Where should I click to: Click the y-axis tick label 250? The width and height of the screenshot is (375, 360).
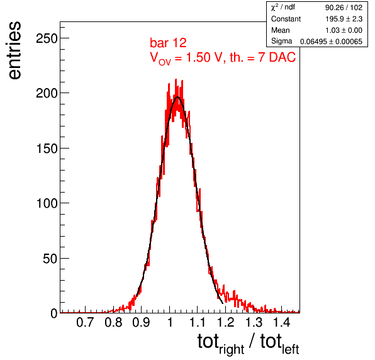(47, 38)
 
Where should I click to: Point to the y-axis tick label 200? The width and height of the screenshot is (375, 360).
(47, 93)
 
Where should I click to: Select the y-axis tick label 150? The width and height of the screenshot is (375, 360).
(47, 149)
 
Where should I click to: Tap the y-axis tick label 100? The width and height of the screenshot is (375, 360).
(47, 203)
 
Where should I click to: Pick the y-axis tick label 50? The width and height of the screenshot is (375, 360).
(50, 259)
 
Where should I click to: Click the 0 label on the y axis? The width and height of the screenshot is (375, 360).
(54, 313)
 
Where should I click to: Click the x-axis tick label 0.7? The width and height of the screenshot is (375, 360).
(85, 322)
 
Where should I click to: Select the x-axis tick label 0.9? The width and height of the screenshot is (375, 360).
(141, 322)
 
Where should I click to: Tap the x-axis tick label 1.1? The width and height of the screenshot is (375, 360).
(198, 322)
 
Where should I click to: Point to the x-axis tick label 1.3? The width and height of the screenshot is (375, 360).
(254, 322)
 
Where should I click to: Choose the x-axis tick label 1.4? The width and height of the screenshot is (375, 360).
(282, 322)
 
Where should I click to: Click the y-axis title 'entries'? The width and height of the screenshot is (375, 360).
(15, 50)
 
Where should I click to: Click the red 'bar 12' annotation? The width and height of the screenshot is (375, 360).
(168, 43)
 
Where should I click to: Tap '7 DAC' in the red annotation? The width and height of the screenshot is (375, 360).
(277, 57)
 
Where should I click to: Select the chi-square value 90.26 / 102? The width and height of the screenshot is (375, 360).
(344, 8)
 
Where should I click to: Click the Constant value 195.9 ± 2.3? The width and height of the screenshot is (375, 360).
(344, 19)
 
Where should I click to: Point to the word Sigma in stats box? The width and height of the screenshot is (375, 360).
(281, 42)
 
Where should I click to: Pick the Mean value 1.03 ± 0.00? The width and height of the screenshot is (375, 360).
(344, 30)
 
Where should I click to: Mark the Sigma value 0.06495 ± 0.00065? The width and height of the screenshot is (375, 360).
(331, 42)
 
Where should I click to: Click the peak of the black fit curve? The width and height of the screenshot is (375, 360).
(177, 97)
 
